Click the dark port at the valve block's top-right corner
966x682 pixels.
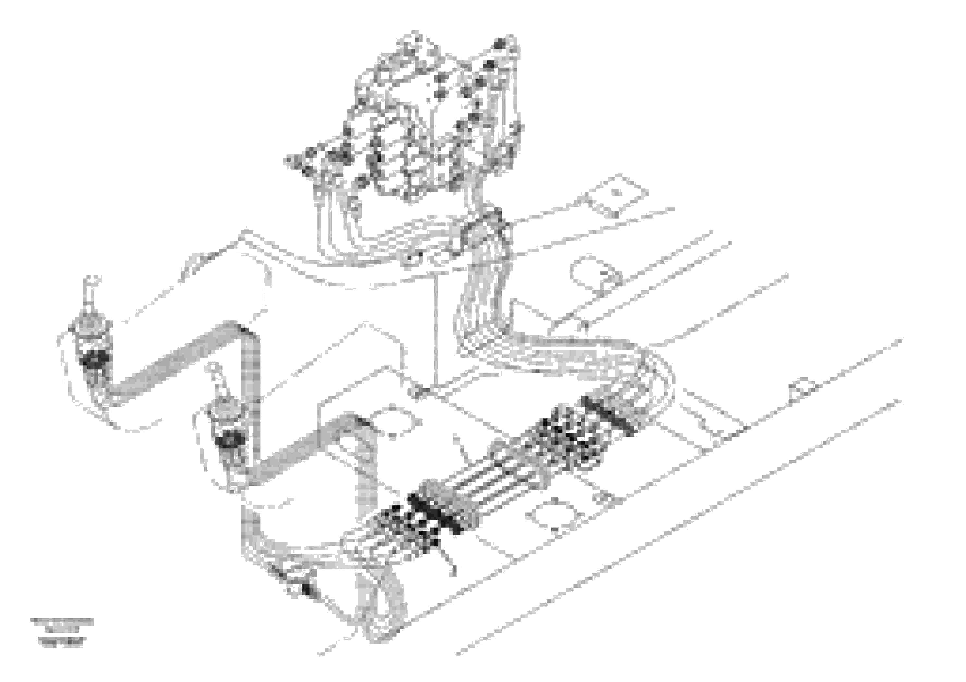pos(500,43)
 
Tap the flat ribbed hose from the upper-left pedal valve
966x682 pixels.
pos(177,362)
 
